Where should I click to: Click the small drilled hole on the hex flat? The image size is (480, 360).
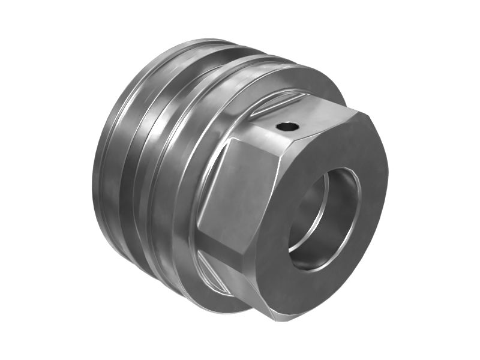point(287,127)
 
